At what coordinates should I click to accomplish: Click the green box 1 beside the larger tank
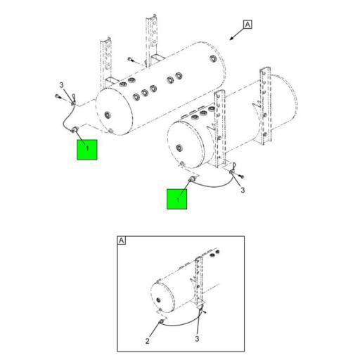pos(87,150)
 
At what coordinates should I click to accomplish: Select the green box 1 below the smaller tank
pos(177,198)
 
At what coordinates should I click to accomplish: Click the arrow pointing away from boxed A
pos(233,34)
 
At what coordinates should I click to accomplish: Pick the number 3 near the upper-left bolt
pos(62,85)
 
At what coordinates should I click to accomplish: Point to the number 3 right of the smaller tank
pos(243,190)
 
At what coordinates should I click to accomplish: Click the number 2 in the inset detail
pos(148,341)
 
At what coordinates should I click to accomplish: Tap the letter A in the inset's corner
pos(121,241)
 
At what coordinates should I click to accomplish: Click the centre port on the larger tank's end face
pos(107,113)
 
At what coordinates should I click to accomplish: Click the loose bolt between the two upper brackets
pos(131,60)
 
